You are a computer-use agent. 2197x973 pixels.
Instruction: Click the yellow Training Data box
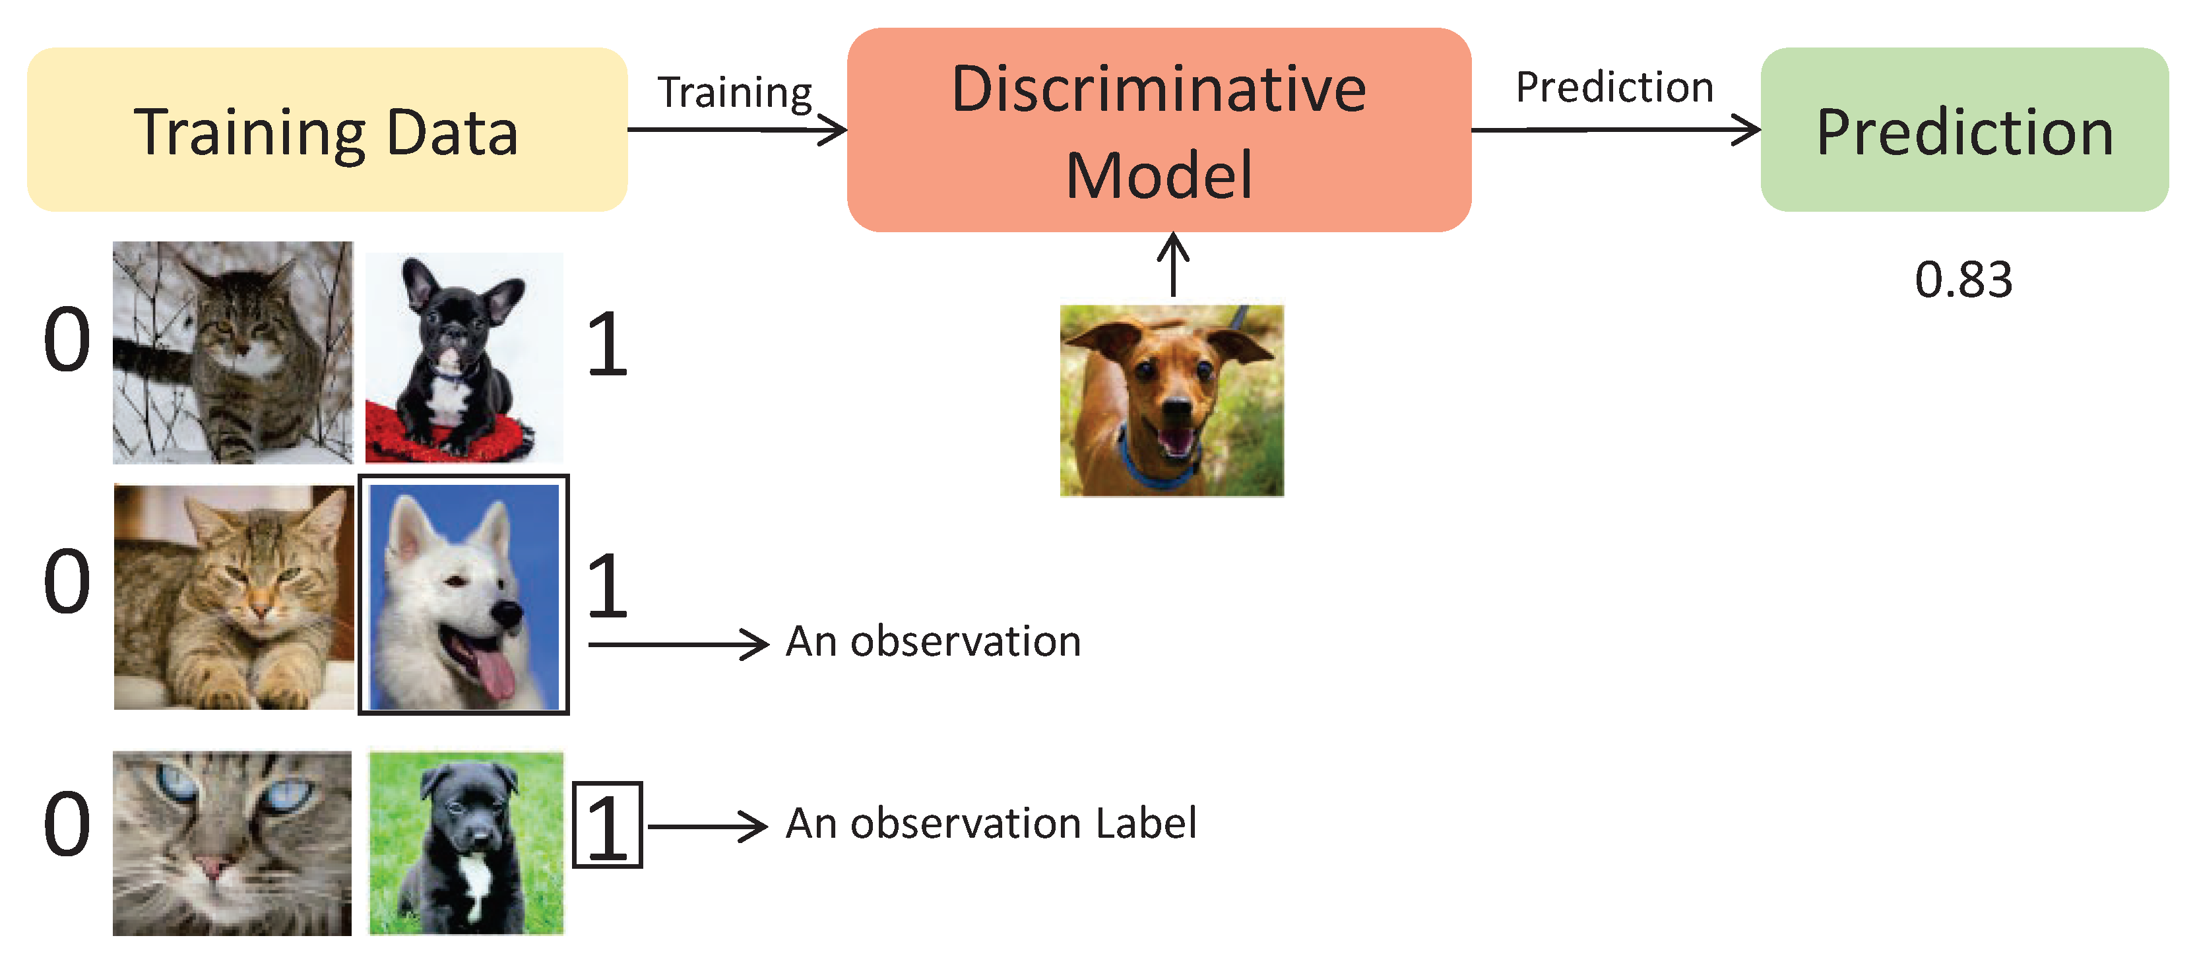click(x=327, y=129)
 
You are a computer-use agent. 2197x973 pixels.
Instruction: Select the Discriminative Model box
click(x=1158, y=129)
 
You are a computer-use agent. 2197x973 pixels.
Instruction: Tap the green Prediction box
click(x=1963, y=129)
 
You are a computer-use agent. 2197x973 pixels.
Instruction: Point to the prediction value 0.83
click(x=1963, y=280)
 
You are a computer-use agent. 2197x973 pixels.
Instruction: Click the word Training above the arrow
click(x=734, y=92)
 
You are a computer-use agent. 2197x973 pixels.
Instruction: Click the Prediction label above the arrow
click(x=1614, y=87)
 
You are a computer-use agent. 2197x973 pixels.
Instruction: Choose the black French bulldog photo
click(x=463, y=358)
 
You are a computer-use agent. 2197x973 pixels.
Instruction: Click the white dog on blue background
click(x=463, y=595)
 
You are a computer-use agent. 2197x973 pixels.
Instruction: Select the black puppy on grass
click(x=466, y=842)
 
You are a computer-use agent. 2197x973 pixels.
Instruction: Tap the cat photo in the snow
click(x=232, y=352)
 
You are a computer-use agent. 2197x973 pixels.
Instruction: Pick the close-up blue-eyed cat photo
click(x=232, y=842)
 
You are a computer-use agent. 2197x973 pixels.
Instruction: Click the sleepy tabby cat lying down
click(x=233, y=597)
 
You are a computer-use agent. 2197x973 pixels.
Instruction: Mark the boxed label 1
click(x=606, y=825)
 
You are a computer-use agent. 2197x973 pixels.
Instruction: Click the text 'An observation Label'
click(x=990, y=824)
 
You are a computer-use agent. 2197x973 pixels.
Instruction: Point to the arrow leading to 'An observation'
click(x=678, y=644)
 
